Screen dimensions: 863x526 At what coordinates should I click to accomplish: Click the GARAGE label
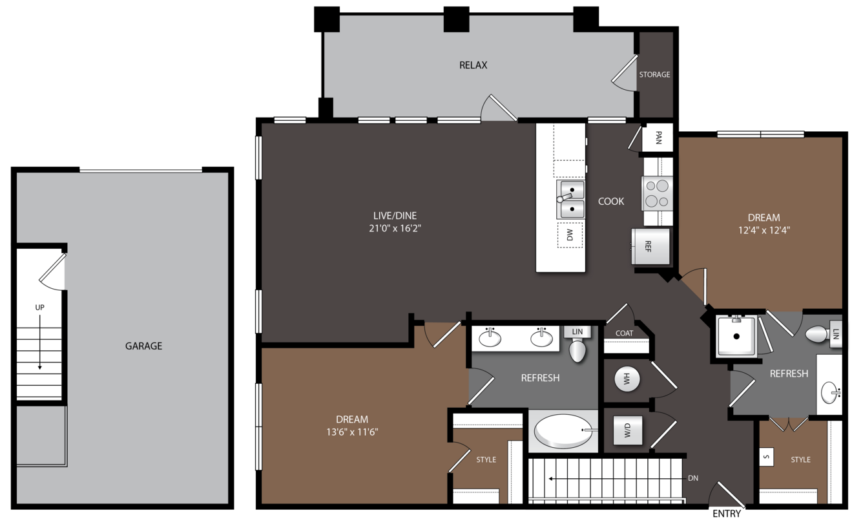(143, 346)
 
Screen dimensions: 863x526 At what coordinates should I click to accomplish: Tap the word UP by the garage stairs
(39, 308)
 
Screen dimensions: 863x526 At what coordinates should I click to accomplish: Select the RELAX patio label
(473, 65)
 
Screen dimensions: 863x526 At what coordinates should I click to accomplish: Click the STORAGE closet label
(654, 74)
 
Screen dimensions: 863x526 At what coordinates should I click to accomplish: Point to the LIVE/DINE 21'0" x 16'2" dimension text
(395, 228)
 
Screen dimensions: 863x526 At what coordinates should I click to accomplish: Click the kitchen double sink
(570, 199)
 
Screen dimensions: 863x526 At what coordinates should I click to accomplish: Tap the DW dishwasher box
(570, 235)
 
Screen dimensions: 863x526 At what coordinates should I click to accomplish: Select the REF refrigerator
(650, 246)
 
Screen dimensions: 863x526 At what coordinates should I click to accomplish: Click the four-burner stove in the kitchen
(657, 193)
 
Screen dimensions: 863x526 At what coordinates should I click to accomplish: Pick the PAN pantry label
(658, 138)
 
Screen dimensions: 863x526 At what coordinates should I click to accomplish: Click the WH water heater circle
(627, 379)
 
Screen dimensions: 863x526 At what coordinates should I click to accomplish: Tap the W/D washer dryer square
(628, 430)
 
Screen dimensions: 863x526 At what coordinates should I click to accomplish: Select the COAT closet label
(624, 333)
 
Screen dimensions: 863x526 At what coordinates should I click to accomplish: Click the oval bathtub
(564, 431)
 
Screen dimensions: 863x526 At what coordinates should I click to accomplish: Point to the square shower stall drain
(736, 336)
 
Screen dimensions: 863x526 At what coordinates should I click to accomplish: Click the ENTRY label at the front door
(727, 514)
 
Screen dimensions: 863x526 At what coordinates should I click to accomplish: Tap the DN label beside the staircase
(693, 478)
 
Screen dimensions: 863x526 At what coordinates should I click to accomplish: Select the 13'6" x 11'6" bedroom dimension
(352, 432)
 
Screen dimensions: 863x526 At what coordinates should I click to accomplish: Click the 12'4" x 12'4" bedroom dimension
(764, 231)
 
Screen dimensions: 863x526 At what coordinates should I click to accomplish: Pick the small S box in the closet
(766, 458)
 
